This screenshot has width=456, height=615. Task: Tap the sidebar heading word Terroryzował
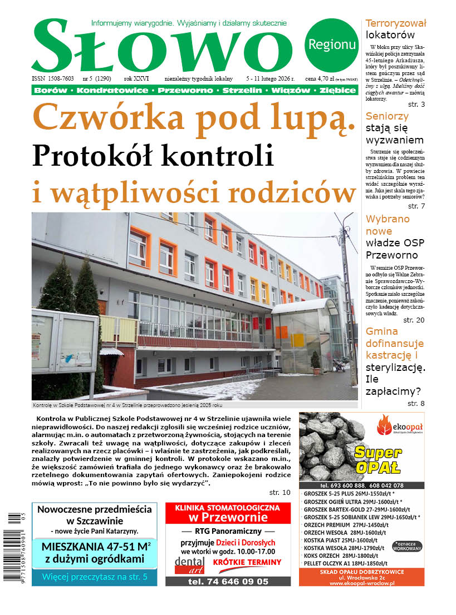tap(395, 23)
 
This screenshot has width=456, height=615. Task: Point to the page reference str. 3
tap(416, 105)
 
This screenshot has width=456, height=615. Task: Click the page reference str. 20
tap(414, 320)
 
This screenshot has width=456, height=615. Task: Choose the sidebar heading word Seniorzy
tap(387, 116)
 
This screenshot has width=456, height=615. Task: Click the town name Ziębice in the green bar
tap(338, 90)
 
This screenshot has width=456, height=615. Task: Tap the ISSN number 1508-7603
tap(60, 79)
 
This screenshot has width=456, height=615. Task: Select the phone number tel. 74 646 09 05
tap(228, 581)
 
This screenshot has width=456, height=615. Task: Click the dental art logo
tap(189, 564)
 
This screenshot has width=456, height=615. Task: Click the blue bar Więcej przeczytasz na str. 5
tap(95, 577)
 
